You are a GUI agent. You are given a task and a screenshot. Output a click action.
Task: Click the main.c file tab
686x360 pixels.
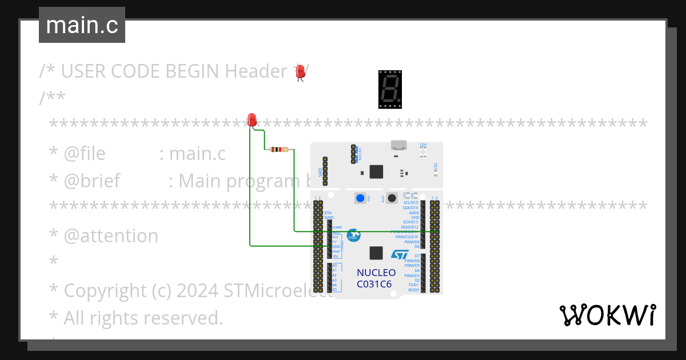82,25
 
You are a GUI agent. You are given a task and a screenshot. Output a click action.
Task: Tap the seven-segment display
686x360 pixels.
390,89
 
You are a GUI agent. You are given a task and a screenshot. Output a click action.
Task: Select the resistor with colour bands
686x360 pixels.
278,150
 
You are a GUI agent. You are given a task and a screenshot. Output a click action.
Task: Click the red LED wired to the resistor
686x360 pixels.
252,119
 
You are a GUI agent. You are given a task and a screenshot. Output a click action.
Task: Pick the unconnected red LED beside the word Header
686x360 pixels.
299,72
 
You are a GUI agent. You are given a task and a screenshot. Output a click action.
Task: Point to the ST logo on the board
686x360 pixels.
399,255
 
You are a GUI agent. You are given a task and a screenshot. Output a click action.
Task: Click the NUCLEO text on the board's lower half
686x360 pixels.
376,273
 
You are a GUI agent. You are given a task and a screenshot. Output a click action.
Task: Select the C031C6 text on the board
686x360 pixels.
374,284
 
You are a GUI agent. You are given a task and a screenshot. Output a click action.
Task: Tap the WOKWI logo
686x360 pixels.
607,315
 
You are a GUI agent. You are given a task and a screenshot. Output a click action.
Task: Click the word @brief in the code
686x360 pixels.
91,181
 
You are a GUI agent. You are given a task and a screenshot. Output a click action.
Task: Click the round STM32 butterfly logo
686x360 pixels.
354,235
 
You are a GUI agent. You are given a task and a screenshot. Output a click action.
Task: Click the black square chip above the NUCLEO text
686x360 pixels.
376,253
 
